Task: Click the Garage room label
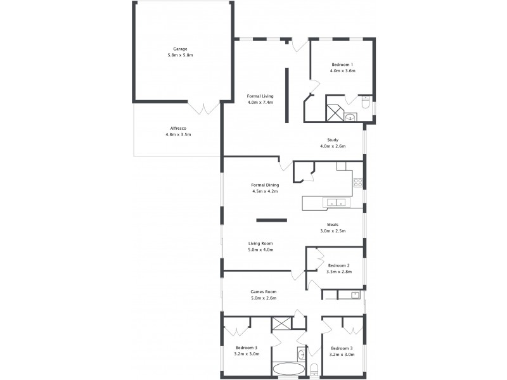[x=180, y=49]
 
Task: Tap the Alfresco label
[x=177, y=127]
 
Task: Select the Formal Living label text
[x=260, y=96]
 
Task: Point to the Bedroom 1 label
[x=342, y=64]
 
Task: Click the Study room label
[x=333, y=140]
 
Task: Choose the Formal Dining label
[x=265, y=185]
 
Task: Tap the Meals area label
[x=333, y=224]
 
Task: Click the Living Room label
[x=260, y=243]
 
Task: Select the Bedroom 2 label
[x=338, y=265]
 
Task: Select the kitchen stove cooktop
[x=358, y=184]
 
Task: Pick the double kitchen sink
[x=335, y=203]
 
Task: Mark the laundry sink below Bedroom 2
[x=356, y=294]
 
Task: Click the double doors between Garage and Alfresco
[x=206, y=108]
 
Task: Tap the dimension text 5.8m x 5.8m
[x=180, y=56]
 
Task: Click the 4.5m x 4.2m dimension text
[x=265, y=191]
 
